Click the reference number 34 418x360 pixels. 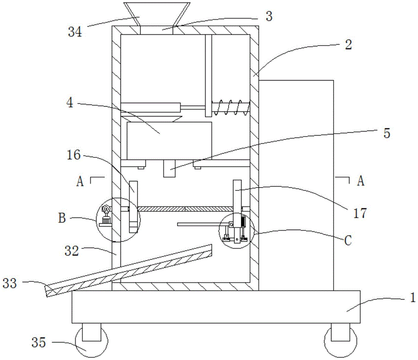pos(75,32)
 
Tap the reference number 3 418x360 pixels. pos(269,16)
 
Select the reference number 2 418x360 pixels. pos(349,44)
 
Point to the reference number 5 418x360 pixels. pos(387,133)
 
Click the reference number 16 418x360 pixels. pos(74,155)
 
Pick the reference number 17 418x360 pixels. pos(360,213)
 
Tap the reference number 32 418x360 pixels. pos(72,251)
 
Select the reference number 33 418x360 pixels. pos(10,283)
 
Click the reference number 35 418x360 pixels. pos(38,342)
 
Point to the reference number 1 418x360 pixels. pos(413,298)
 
